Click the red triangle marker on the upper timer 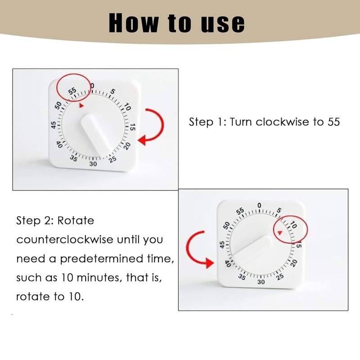81,105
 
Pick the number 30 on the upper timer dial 93,164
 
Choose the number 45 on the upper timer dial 54,126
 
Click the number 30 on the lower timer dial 261,282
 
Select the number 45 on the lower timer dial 221,245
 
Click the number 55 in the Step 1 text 333,122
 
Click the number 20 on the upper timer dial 127,145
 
